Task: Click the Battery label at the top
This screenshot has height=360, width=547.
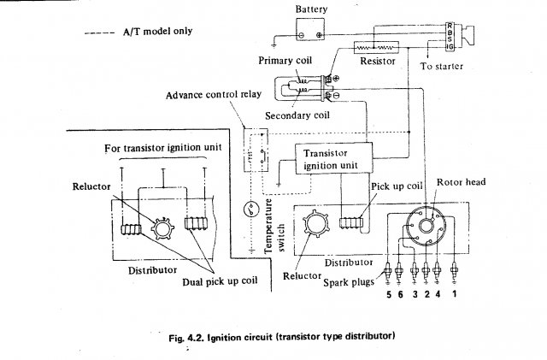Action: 310,9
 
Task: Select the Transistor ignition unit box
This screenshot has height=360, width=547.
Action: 332,156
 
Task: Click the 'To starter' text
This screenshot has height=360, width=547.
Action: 444,65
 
